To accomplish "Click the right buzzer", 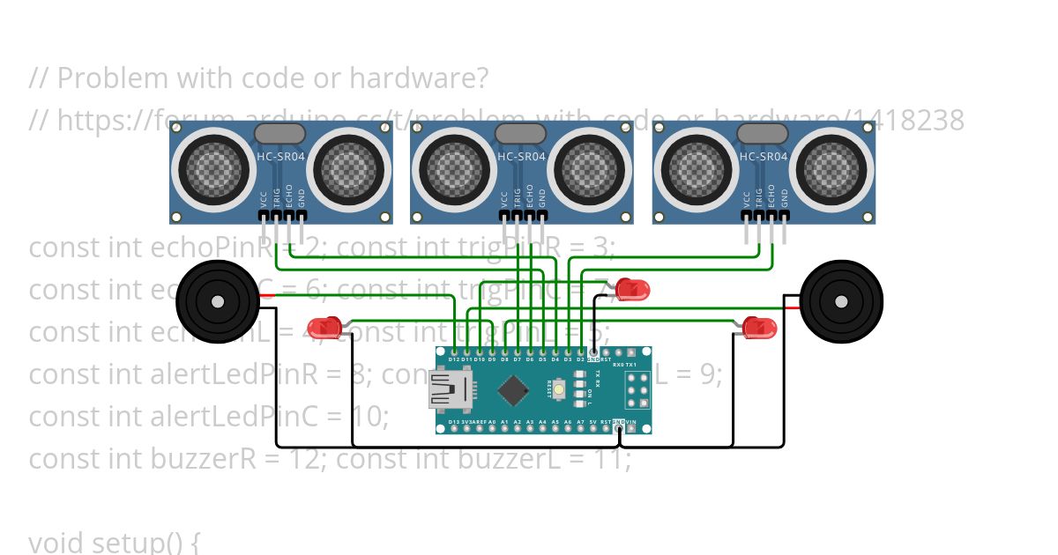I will tap(840, 301).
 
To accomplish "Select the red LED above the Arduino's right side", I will tap(631, 289).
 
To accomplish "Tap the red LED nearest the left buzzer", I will tap(327, 328).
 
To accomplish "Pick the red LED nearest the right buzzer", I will tap(758, 328).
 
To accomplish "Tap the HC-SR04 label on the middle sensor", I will tap(521, 157).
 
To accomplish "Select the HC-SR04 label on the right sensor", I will tap(763, 157).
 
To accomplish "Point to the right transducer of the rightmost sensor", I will tap(835, 166).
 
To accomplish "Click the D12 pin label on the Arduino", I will tap(454, 359).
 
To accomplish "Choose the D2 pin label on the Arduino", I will tap(580, 359).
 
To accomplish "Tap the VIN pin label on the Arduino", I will tap(630, 423).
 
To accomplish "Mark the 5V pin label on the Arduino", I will tap(592, 423).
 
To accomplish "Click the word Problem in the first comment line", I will tap(115, 78).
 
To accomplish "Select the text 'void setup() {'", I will tap(115, 541).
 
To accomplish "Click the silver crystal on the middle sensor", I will tap(521, 134).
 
